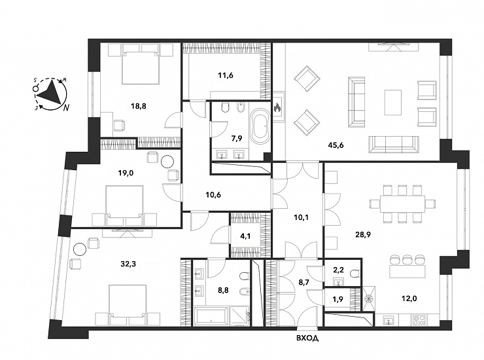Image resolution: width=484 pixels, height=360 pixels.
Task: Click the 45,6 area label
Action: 336,145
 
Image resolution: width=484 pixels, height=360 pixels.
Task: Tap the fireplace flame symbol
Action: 277,107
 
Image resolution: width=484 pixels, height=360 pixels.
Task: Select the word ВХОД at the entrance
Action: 307,338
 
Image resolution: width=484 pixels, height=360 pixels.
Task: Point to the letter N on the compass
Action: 66,108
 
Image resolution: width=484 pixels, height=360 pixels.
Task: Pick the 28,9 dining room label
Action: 363,234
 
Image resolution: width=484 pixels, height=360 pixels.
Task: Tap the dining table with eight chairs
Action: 402,204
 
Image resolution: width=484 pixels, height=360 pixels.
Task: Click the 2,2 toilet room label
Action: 339,270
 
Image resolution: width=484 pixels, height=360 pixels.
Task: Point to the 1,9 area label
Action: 339,298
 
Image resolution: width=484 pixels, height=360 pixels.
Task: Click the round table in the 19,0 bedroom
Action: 168,161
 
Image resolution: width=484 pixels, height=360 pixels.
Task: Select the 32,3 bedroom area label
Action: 128,264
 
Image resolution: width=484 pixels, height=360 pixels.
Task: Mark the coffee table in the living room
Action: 393,102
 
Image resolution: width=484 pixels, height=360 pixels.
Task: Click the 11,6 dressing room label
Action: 226,75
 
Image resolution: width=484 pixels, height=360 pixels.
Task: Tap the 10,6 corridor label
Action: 213,195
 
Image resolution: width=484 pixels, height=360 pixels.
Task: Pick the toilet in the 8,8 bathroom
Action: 245,277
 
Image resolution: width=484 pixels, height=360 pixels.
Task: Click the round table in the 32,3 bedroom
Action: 80,249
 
